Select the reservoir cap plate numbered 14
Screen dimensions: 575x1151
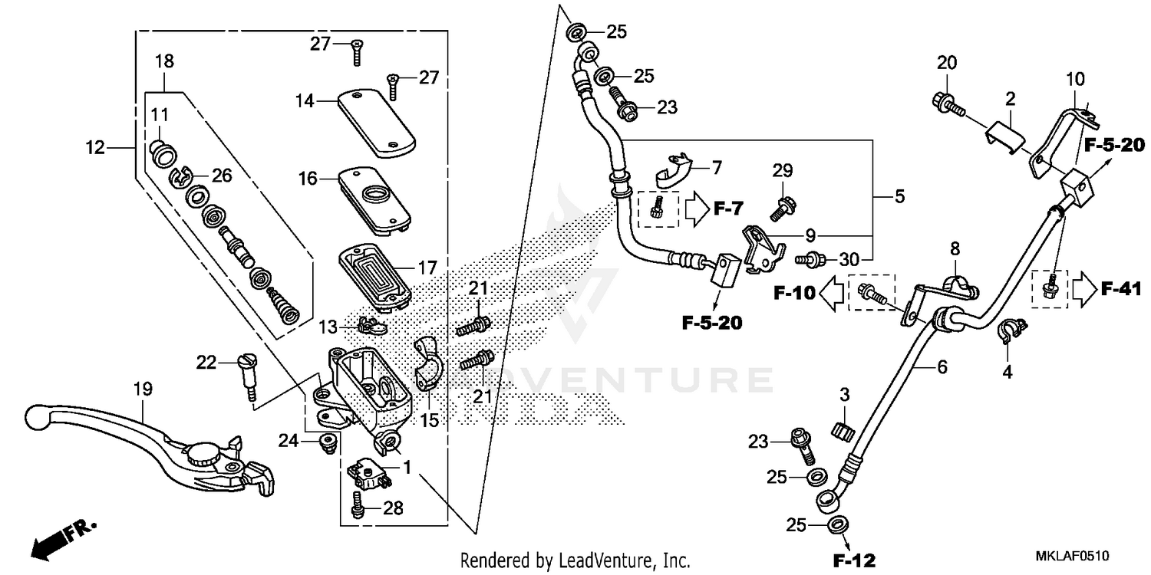coord(376,123)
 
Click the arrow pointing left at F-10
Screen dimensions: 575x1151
coord(829,292)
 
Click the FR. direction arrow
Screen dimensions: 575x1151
coord(61,536)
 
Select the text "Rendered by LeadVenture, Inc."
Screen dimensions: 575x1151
coord(575,560)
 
